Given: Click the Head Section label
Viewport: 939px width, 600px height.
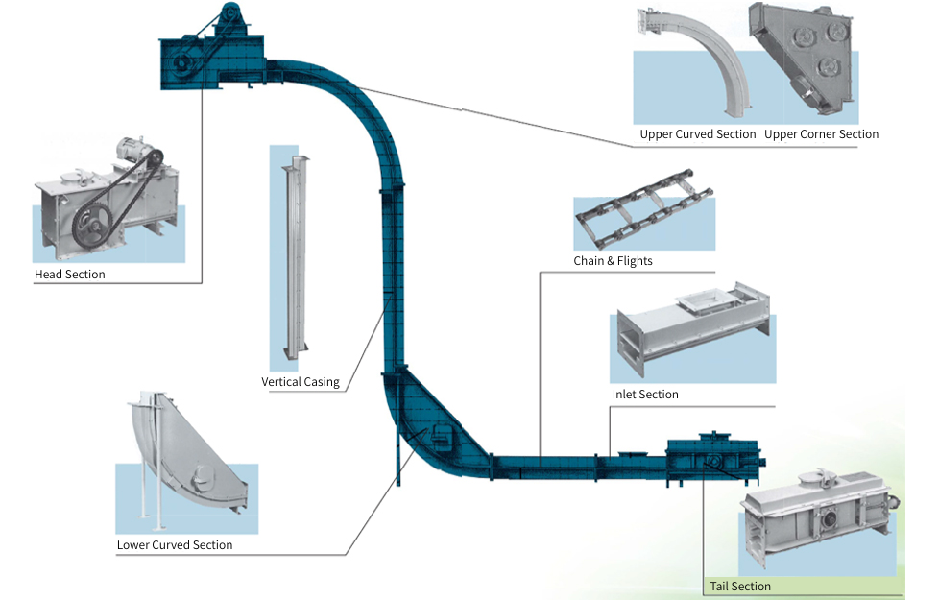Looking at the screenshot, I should pyautogui.click(x=70, y=275).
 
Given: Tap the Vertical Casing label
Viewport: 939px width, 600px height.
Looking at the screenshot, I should pyautogui.click(x=301, y=382).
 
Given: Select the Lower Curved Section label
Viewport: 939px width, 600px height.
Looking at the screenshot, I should pyautogui.click(x=175, y=545).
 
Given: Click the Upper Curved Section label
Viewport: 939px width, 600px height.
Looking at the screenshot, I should pyautogui.click(x=698, y=134).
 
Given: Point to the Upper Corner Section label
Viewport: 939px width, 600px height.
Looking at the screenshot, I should pyautogui.click(x=821, y=134).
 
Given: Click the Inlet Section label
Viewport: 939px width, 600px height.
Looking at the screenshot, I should pyautogui.click(x=645, y=395).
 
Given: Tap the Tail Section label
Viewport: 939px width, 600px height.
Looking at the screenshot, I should pyautogui.click(x=740, y=587).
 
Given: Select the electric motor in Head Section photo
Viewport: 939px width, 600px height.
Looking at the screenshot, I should pyautogui.click(x=133, y=152).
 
